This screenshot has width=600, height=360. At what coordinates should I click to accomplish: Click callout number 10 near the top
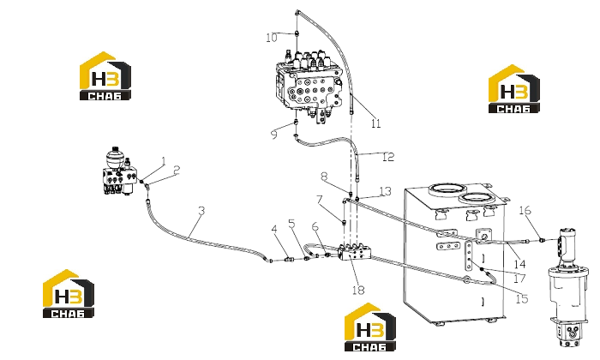point(272,38)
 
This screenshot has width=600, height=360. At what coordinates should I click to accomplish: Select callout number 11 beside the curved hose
point(375,123)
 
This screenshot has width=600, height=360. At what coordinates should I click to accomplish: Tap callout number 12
point(388,157)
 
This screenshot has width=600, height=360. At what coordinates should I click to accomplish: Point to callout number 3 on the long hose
point(201,210)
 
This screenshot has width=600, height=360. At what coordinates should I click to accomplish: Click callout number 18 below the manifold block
point(358,291)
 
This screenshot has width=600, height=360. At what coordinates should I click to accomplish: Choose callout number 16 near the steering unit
point(525,210)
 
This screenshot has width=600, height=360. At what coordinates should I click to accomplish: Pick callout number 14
point(519,264)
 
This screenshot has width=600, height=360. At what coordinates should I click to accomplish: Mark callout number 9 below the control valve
point(274,135)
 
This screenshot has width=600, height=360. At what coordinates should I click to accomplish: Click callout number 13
point(386,191)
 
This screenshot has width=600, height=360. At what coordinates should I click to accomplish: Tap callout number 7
point(320,200)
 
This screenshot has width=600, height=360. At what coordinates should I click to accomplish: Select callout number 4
point(274,229)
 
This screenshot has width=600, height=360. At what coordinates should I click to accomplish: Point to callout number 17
point(519,278)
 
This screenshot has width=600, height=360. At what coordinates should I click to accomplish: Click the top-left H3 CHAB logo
point(105,76)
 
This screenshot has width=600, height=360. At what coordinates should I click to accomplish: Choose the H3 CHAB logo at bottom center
point(370,327)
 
